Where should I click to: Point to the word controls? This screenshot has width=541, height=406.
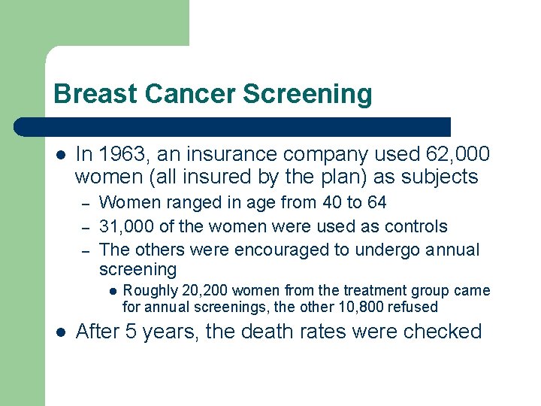tap(416, 226)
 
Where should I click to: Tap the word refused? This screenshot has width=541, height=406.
tap(413, 307)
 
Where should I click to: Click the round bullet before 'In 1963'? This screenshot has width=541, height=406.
tap(59, 156)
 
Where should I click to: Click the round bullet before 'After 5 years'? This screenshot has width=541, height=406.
tap(59, 332)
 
